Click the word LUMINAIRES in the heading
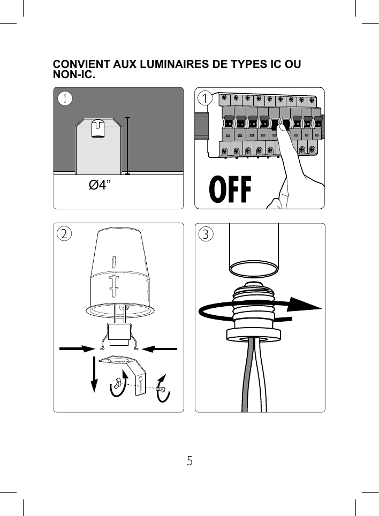coord(168,65)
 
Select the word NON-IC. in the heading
coord(74,75)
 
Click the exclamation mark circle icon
coord(65,99)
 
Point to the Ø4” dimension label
coord(100,186)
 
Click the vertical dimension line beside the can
coord(127,146)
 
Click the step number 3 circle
coord(206,234)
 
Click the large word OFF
coord(230,189)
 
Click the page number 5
coord(189,460)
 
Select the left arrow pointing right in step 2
coord(77,348)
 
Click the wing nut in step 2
coord(118,383)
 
